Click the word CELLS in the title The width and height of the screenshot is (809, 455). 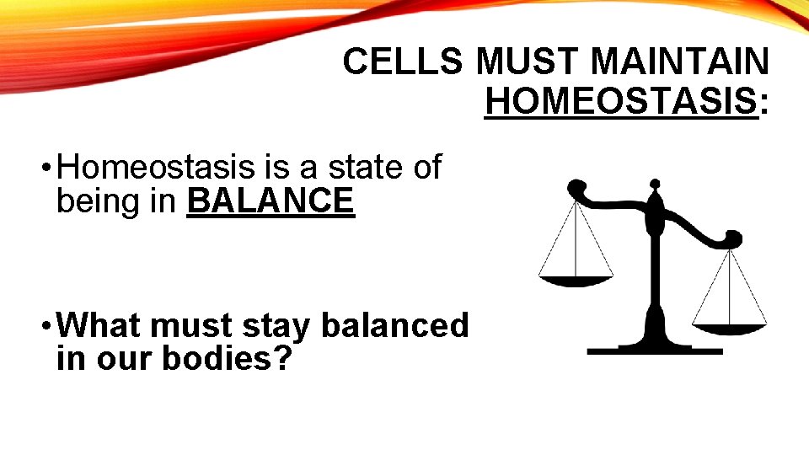[x=404, y=62]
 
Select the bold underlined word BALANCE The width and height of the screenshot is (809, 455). [x=271, y=201]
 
